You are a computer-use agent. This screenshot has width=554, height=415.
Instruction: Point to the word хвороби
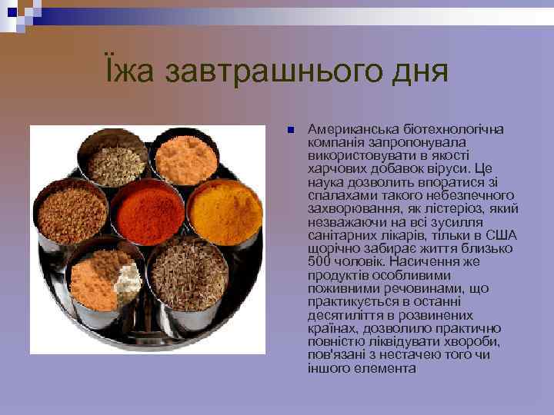click(x=478, y=341)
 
